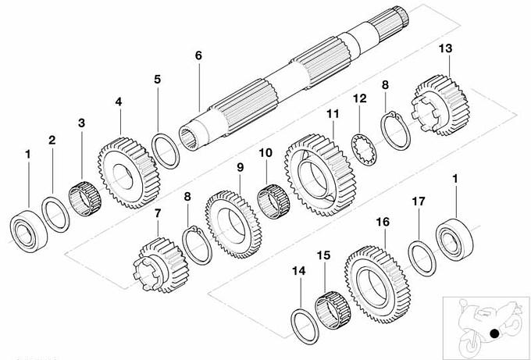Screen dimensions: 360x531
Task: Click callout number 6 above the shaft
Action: [198, 55]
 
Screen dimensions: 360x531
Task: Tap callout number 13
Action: [445, 48]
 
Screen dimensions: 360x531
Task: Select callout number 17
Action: [419, 201]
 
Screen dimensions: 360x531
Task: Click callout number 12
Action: [359, 98]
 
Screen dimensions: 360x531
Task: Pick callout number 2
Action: [52, 141]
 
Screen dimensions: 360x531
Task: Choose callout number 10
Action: [265, 153]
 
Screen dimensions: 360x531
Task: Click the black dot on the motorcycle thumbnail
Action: [494, 333]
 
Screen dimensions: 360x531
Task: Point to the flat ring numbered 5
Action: [166, 150]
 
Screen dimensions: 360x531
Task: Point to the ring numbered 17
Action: [422, 258]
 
